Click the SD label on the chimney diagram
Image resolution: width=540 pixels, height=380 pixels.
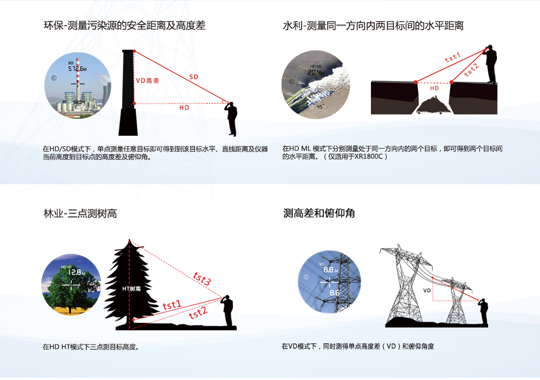(194, 77)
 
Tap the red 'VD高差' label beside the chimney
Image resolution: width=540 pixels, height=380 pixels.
(148, 81)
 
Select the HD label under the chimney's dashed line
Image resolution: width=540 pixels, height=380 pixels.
(184, 107)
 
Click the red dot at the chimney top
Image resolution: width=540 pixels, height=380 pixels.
(134, 51)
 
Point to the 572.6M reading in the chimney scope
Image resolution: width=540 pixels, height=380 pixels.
(77, 69)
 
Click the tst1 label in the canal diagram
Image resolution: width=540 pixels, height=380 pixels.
(453, 57)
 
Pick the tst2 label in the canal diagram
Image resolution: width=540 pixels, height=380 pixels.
(471, 70)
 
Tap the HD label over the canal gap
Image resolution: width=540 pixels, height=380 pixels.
(434, 88)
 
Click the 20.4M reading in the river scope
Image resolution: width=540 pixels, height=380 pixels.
(316, 73)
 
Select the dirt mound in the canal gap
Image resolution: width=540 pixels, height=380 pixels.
(433, 105)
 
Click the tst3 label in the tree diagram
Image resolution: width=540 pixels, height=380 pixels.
(202, 279)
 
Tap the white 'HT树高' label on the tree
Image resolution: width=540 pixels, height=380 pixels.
(131, 289)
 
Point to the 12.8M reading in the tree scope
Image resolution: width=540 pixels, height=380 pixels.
(76, 272)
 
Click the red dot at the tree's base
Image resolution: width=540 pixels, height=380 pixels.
(133, 320)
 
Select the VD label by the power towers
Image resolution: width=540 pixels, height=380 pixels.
(427, 291)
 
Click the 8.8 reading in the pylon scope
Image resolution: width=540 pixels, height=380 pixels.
(329, 270)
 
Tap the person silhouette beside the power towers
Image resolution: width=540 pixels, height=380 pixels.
(483, 312)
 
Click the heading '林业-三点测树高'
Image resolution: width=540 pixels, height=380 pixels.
(80, 213)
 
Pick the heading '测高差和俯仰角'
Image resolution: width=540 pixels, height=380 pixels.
(319, 213)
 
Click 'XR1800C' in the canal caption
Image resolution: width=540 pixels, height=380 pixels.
(369, 156)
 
